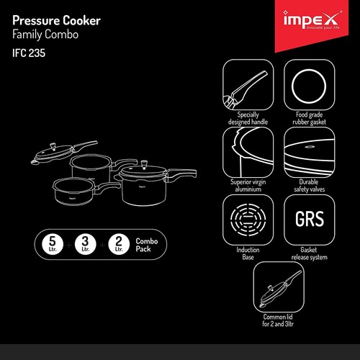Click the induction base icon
point(245,217)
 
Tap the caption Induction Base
point(244,253)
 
